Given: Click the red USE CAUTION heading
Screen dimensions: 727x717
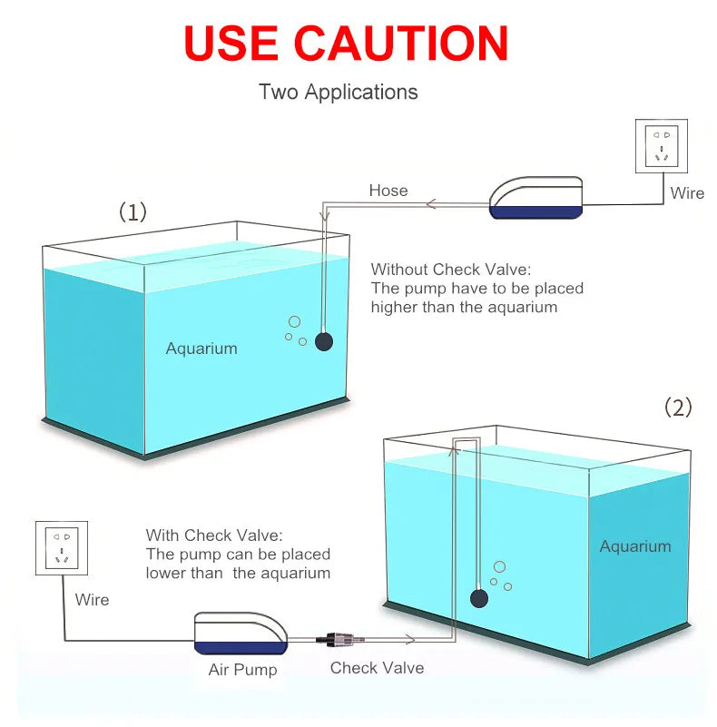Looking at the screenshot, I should (346, 43).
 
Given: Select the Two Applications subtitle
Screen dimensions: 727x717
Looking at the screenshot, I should (338, 92).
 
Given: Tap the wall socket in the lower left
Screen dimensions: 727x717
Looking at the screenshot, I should (62, 547).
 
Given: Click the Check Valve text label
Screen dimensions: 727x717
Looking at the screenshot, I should (377, 668).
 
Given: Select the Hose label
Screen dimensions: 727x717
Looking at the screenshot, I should (388, 191).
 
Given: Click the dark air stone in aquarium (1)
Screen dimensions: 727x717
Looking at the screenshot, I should (324, 342).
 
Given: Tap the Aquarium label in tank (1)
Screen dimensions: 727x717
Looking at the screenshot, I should (201, 349).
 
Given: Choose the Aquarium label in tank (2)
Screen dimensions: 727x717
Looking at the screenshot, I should (635, 546).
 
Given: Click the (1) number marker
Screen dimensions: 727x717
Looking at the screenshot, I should (133, 212).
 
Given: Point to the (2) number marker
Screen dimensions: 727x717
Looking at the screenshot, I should (678, 407).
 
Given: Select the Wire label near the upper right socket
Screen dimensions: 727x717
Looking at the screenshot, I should (687, 193).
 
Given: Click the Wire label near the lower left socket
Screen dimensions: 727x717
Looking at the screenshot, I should (92, 600).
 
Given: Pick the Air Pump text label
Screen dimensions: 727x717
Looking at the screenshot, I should (242, 671).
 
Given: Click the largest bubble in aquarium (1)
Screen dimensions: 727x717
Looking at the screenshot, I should (294, 322).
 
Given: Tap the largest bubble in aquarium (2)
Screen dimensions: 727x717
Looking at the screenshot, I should (499, 566).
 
